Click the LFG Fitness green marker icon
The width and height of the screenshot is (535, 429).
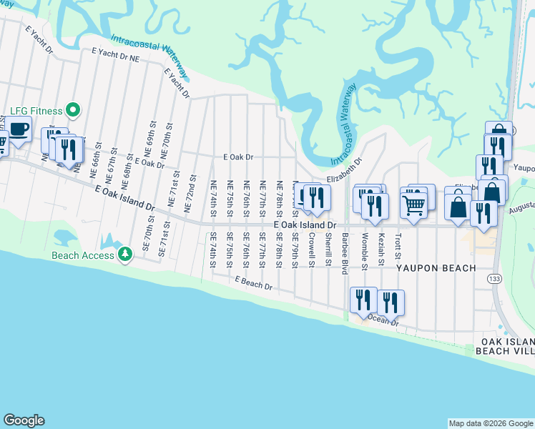tap(72, 111)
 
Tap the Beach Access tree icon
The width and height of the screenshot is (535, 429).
tap(125, 255)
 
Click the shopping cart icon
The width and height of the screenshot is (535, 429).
tap(415, 204)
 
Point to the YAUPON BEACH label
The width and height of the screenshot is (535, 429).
tap(436, 268)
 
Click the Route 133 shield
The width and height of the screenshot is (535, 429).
tap(493, 277)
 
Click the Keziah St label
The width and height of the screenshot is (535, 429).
tap(382, 247)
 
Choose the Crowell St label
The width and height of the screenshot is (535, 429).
tap(312, 248)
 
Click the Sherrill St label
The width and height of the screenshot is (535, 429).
tap(328, 248)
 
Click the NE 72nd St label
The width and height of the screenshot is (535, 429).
tap(192, 188)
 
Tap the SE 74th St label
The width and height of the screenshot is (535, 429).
tap(212, 251)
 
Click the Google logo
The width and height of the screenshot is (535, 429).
tap(24, 420)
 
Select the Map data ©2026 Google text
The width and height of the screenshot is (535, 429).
tap(490, 423)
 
